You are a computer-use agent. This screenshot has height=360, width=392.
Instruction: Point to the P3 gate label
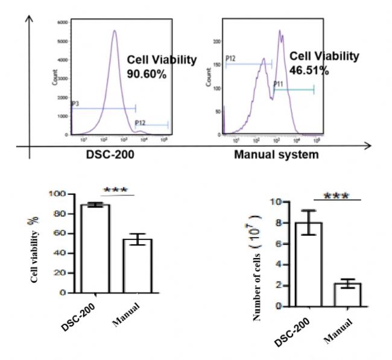pyautogui.click(x=75, y=104)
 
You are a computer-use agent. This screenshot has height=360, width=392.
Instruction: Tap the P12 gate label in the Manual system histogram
pyautogui.click(x=230, y=59)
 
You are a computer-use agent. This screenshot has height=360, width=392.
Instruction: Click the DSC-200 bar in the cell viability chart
pyautogui.click(x=95, y=248)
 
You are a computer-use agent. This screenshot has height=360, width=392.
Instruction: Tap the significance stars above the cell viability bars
pyautogui.click(x=116, y=191)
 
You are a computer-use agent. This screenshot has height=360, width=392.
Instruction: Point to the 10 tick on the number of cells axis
pyautogui.click(x=279, y=202)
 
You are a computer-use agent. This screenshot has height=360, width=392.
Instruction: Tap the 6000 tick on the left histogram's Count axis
pyautogui.click(x=62, y=22)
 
